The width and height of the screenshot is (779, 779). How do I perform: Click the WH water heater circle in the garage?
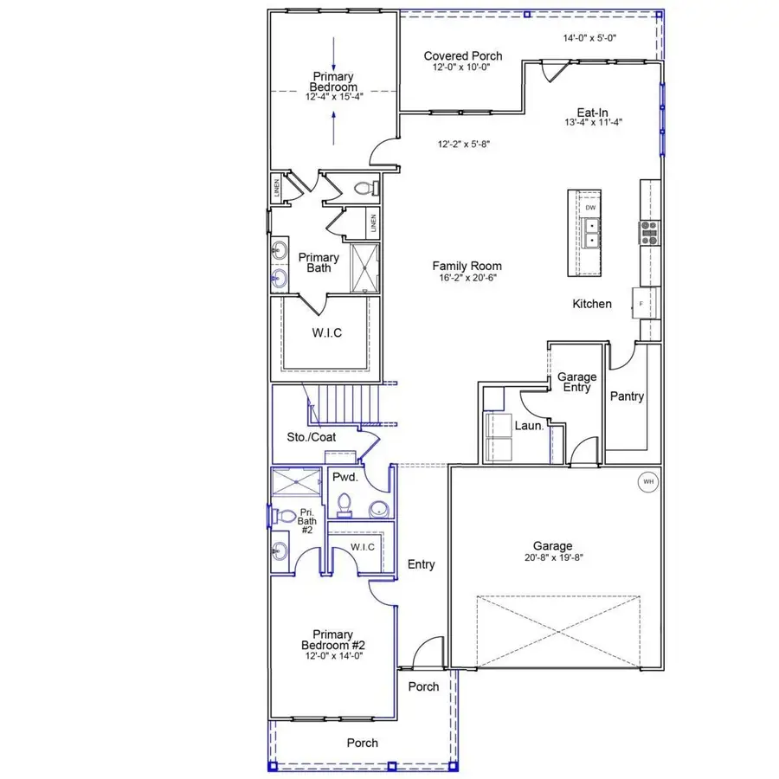click(648, 482)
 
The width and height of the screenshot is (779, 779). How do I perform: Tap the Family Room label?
click(467, 267)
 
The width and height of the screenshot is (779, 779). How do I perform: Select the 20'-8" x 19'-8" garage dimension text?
click(552, 558)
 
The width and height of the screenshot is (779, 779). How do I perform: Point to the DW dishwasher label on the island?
click(590, 209)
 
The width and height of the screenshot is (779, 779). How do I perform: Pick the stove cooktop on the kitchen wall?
click(649, 231)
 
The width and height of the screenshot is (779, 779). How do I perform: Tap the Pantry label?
click(627, 396)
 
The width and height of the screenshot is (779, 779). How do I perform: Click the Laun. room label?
click(530, 426)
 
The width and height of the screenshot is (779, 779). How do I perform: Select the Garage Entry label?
click(576, 383)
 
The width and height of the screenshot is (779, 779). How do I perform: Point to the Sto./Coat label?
click(312, 437)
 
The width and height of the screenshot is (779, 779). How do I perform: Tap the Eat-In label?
click(597, 112)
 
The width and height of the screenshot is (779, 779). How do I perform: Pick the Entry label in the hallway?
click(421, 564)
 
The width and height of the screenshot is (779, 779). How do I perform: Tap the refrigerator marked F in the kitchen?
click(641, 305)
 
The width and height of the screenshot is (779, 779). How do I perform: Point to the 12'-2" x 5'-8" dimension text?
click(466, 145)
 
